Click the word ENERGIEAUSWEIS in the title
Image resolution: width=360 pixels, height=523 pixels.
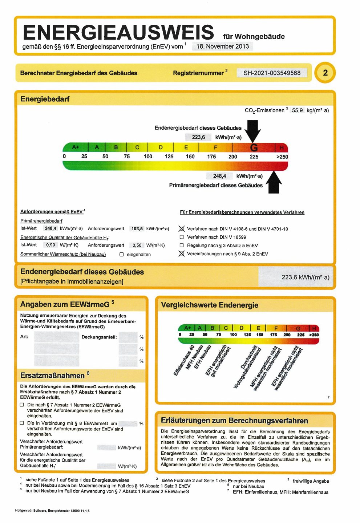pyautogui.click(x=118, y=33)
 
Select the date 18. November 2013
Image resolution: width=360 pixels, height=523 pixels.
pyautogui.click(x=222, y=46)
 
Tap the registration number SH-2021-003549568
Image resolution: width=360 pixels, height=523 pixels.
pyautogui.click(x=272, y=73)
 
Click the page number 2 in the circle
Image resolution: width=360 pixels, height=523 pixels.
pyautogui.click(x=325, y=73)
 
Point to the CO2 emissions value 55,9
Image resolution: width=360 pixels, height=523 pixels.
pyautogui.click(x=297, y=110)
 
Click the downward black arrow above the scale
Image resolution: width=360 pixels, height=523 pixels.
pyautogui.click(x=253, y=130)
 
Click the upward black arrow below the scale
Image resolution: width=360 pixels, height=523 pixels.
pyautogui.click(x=274, y=182)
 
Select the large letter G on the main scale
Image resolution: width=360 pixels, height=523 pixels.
pyautogui.click(x=254, y=147)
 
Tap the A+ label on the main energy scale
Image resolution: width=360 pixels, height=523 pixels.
pyautogui.click(x=76, y=147)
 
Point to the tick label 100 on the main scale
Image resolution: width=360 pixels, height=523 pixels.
pyautogui.click(x=148, y=157)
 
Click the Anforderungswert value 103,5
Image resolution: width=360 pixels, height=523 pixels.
pyautogui.click(x=137, y=229)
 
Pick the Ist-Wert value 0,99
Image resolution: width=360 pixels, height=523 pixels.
pyautogui.click(x=50, y=245)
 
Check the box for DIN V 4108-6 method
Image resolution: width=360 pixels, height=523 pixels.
pyautogui.click(x=182, y=229)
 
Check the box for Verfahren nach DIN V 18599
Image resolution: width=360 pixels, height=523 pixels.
pyautogui.click(x=182, y=237)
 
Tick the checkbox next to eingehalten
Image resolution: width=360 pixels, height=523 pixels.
pyautogui.click(x=122, y=254)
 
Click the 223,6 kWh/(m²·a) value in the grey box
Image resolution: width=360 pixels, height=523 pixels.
pyautogui.click(x=305, y=277)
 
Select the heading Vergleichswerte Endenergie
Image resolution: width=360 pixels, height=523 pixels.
pyautogui.click(x=210, y=305)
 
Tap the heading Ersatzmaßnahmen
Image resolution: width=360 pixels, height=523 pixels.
pyautogui.click(x=52, y=376)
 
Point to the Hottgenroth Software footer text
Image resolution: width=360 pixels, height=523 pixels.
pyautogui.click(x=52, y=511)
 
